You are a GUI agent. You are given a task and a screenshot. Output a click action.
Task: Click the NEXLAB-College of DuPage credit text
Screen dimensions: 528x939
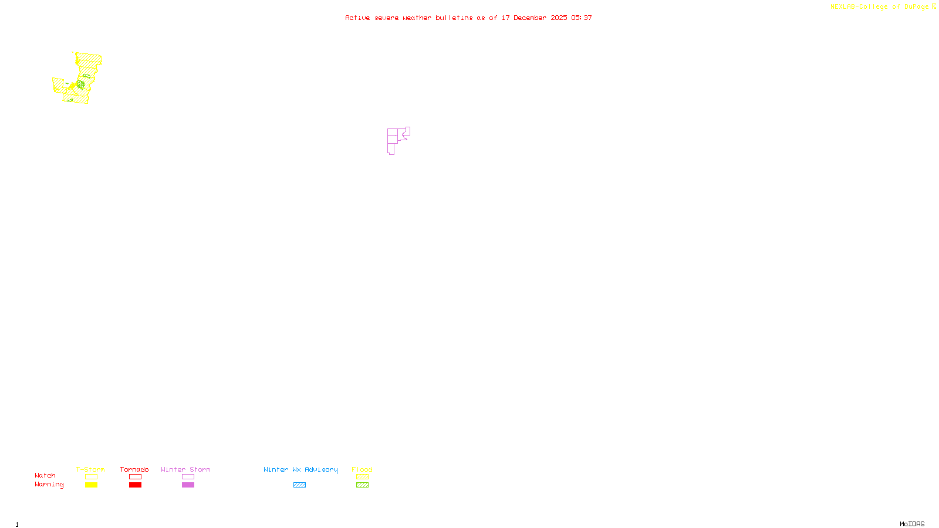pyautogui.click(x=879, y=7)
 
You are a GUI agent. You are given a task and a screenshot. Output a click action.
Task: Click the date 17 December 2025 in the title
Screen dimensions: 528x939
pyautogui.click(x=534, y=18)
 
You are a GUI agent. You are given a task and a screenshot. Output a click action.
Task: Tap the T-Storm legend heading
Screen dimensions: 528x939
pyautogui.click(x=90, y=469)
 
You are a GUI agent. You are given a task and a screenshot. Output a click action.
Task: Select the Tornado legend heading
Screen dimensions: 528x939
pyautogui.click(x=134, y=469)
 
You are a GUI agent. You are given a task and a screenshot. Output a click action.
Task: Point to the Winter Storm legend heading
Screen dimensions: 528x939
pyautogui.click(x=185, y=469)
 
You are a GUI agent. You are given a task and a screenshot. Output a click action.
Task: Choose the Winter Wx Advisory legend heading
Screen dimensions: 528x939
pyautogui.click(x=300, y=469)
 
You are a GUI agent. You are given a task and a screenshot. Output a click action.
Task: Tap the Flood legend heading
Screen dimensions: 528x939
pyautogui.click(x=362, y=469)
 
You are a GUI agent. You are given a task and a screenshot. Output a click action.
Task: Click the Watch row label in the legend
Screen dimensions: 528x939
pyautogui.click(x=45, y=476)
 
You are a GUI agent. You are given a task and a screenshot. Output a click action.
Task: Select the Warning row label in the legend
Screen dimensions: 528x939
pyautogui.click(x=49, y=485)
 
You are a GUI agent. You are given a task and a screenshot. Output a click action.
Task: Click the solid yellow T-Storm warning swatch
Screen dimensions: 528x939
pyautogui.click(x=91, y=485)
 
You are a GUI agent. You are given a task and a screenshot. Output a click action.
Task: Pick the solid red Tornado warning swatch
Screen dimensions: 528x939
pyautogui.click(x=135, y=485)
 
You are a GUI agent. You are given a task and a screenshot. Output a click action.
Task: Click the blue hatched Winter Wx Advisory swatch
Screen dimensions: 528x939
pyautogui.click(x=299, y=485)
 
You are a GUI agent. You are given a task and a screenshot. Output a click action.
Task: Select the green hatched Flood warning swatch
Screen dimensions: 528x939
pyautogui.click(x=362, y=485)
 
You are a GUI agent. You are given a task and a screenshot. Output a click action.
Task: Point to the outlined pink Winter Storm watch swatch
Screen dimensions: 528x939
pyautogui.click(x=188, y=477)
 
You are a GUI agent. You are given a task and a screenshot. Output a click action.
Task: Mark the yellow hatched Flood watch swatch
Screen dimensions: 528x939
pyautogui.click(x=362, y=477)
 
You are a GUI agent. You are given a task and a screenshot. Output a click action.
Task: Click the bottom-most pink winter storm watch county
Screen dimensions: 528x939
pyautogui.click(x=390, y=149)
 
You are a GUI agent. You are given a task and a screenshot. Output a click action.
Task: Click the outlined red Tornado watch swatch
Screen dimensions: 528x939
pyautogui.click(x=135, y=477)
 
